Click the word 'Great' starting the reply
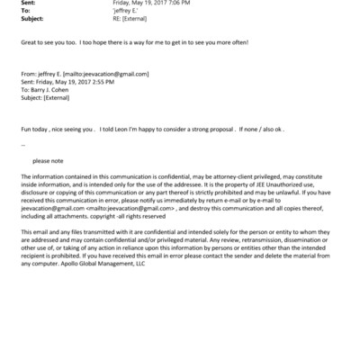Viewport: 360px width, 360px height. [28, 42]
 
